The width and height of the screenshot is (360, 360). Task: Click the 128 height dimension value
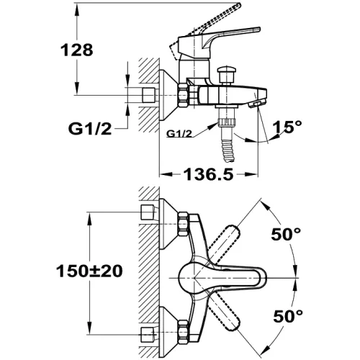pos(76,50)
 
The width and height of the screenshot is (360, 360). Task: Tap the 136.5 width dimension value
pos(208,174)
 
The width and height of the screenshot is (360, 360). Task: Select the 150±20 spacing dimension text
pos(89,271)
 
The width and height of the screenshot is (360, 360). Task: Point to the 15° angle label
pos(287,126)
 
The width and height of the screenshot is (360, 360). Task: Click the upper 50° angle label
pos(286,234)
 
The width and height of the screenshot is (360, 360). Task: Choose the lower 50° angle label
pos(288,316)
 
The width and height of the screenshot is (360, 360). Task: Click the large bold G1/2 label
pos(90,129)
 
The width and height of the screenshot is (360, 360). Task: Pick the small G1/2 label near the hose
pos(179,133)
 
